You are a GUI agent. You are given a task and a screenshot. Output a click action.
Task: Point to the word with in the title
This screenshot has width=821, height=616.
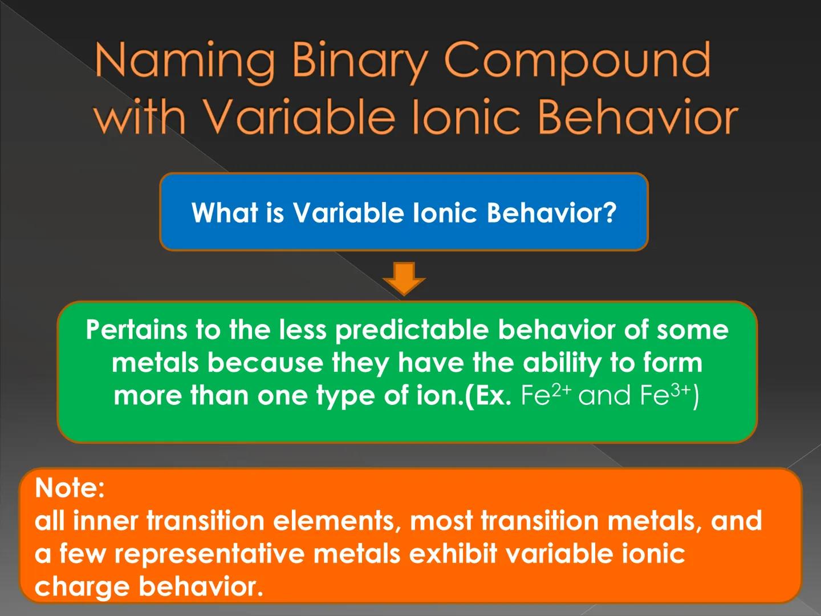139,117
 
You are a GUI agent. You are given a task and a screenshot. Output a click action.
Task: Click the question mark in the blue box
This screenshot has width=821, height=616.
609,213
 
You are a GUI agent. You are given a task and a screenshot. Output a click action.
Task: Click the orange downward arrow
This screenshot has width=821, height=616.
404,278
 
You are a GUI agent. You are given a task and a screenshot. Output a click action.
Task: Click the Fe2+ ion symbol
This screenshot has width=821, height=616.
545,395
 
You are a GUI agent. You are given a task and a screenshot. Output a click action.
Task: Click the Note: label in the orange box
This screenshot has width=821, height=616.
70,488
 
